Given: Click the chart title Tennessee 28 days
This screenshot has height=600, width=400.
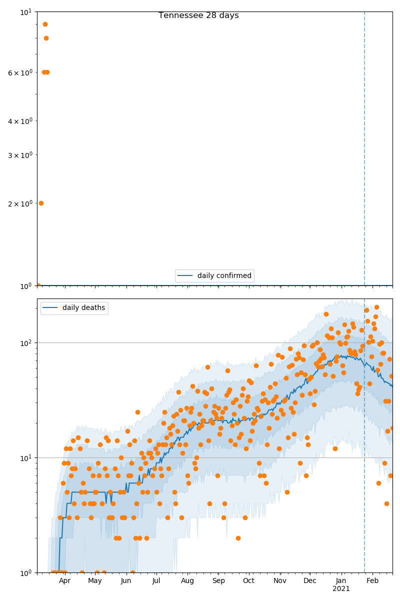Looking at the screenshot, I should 198,15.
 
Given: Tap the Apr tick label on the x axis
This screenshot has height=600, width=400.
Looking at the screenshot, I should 64,581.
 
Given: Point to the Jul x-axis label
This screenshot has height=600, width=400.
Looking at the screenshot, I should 156,581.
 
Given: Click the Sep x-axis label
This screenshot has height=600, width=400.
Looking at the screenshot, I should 218,581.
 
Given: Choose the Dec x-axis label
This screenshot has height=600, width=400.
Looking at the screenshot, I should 310,581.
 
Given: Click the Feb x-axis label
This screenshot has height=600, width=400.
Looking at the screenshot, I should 372,581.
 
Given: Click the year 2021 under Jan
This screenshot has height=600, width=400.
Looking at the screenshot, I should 341,589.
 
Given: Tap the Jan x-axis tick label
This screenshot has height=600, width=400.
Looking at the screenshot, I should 341,581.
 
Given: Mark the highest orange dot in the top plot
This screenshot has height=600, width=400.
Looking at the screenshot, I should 45,24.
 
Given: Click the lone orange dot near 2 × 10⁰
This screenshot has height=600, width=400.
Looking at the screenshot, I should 41,203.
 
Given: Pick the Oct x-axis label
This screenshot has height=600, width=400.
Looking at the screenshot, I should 249,581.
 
